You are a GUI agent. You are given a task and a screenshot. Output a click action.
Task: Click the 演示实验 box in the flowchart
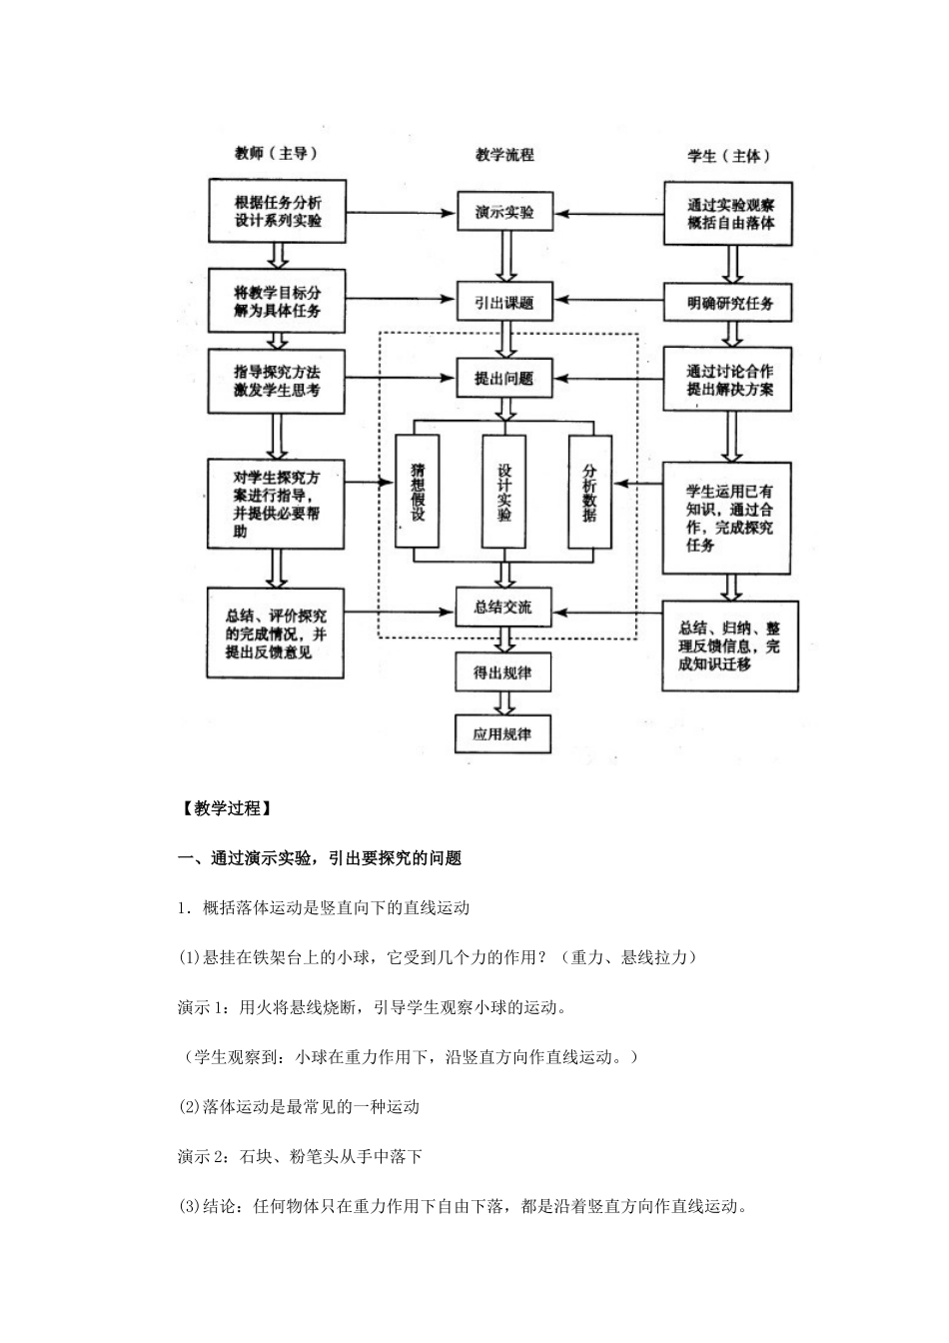504,213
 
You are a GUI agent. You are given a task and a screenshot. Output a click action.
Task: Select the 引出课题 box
504,302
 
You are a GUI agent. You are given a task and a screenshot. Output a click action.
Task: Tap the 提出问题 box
504,379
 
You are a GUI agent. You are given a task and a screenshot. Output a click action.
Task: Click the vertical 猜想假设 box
418,492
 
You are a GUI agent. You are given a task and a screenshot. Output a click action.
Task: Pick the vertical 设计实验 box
503,492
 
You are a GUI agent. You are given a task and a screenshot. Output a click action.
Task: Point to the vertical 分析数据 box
589,492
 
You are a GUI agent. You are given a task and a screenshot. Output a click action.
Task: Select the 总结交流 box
504,608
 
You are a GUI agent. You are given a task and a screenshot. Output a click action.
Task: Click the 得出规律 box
502,673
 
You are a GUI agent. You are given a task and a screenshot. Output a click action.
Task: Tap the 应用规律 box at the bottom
502,734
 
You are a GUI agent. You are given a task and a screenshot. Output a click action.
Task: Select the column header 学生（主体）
729,156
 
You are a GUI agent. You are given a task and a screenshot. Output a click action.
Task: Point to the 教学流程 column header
504,155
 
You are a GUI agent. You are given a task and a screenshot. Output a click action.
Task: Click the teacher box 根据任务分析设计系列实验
278,211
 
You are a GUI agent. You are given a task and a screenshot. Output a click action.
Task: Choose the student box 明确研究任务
729,303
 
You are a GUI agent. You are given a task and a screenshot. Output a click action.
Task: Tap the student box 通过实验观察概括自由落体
729,213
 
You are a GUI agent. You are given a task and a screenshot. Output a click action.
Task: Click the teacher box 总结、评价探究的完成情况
277,635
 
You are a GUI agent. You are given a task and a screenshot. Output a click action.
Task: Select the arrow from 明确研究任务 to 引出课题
608,300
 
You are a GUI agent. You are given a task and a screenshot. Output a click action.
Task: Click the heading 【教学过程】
223,808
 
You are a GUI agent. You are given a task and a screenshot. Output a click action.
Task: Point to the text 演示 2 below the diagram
205,1156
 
